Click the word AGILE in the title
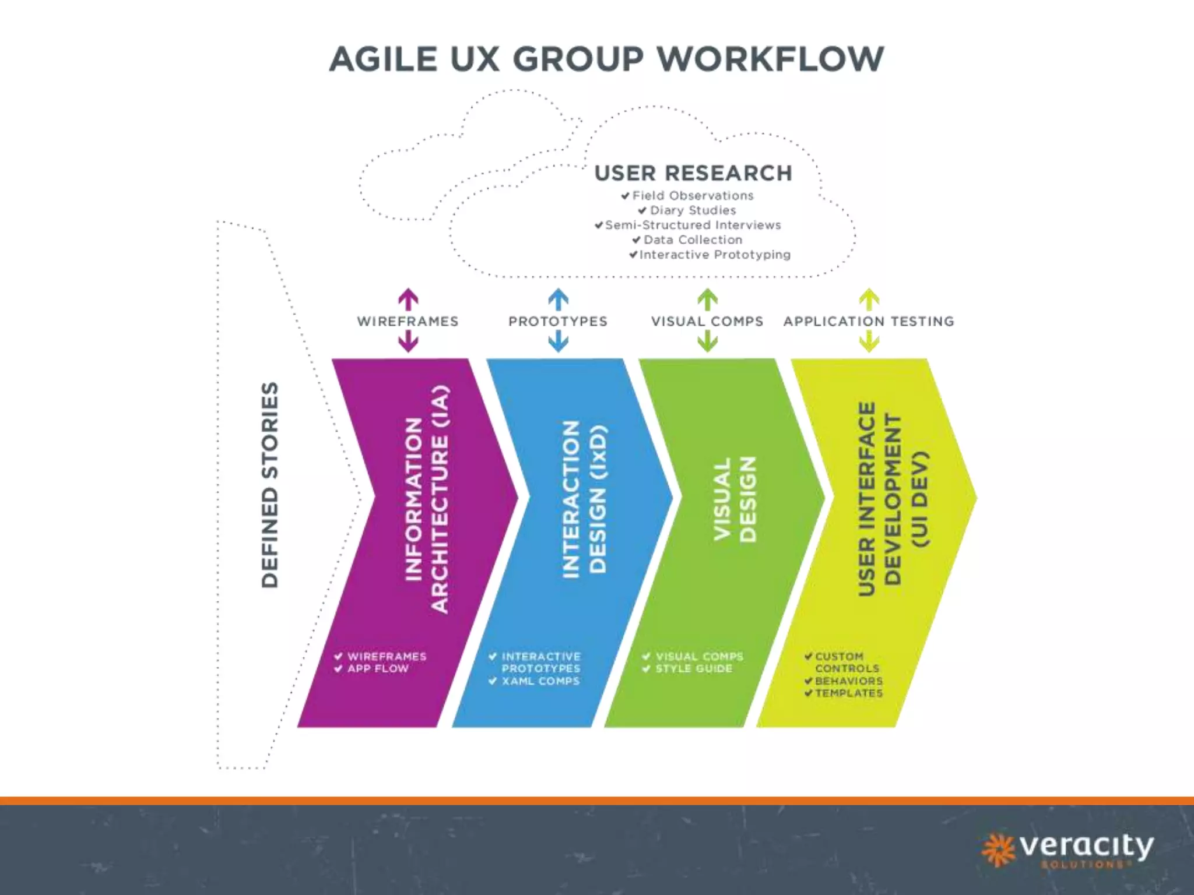pyautogui.click(x=383, y=59)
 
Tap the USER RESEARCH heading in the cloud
pyautogui.click(x=693, y=173)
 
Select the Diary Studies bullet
pyautogui.click(x=693, y=210)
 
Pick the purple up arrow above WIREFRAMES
pyautogui.click(x=408, y=299)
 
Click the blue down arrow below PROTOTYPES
pyautogui.click(x=558, y=341)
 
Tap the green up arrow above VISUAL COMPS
pyautogui.click(x=707, y=299)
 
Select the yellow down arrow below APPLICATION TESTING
pyautogui.click(x=869, y=341)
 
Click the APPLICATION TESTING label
pyautogui.click(x=869, y=321)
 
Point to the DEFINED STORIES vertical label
pyautogui.click(x=270, y=485)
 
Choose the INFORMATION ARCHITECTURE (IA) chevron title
pyautogui.click(x=427, y=499)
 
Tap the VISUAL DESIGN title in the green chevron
pyautogui.click(x=735, y=499)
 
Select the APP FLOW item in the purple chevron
pyautogui.click(x=378, y=669)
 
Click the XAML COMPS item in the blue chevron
pyautogui.click(x=540, y=681)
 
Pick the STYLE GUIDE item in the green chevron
pyautogui.click(x=694, y=669)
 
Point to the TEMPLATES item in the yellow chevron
pyautogui.click(x=849, y=693)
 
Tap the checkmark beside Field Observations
pyautogui.click(x=625, y=196)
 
